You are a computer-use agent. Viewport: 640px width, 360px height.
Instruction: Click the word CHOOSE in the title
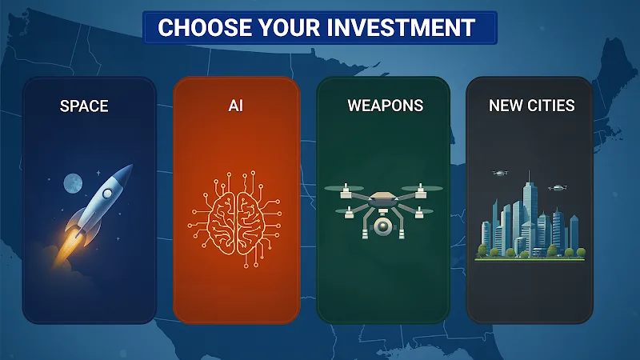pos(204,28)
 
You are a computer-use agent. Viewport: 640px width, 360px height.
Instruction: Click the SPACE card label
pos(84,106)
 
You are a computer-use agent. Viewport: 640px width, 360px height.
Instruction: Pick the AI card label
pos(236,106)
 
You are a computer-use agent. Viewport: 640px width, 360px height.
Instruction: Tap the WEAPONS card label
pos(386,106)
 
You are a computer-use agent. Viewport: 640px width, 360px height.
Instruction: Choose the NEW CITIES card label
pos(532,106)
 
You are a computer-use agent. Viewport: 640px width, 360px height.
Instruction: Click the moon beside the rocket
pos(73,183)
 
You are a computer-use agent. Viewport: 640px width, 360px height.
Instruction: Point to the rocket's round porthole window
pos(107,193)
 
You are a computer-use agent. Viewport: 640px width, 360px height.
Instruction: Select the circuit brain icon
pos(235,219)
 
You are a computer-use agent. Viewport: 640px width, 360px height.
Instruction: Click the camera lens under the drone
pos(382,226)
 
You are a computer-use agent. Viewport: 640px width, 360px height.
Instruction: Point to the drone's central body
pos(383,199)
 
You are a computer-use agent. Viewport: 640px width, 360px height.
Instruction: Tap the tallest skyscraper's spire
pos(530,177)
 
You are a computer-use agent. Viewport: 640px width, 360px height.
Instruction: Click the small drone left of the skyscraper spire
pos(500,173)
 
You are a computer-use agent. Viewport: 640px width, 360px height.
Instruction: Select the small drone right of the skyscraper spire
pos(558,188)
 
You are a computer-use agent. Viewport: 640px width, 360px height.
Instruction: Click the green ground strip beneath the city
pos(530,259)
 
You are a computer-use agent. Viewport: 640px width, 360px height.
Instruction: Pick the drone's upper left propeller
pos(345,188)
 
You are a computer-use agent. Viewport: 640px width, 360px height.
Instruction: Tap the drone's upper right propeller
pos(422,188)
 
